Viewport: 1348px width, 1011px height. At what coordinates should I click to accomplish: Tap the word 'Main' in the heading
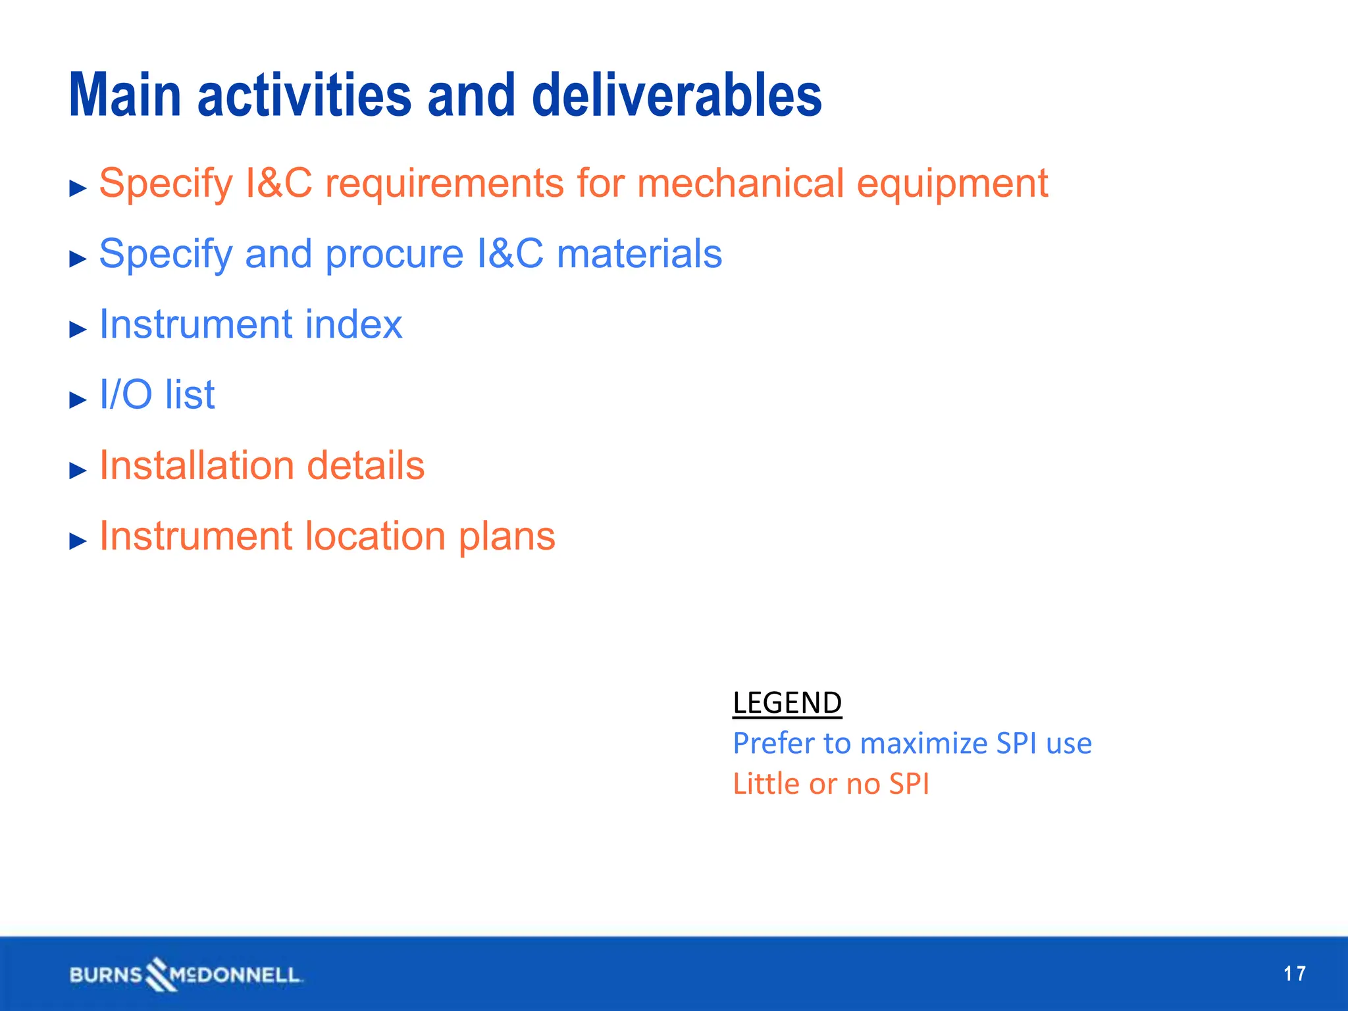[125, 95]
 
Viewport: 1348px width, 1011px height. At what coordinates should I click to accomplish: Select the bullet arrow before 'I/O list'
[78, 400]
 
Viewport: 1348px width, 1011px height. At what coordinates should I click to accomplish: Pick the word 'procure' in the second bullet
[394, 255]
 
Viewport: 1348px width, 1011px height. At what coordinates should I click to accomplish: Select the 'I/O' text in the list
[125, 395]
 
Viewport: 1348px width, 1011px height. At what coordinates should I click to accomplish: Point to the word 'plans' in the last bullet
[507, 537]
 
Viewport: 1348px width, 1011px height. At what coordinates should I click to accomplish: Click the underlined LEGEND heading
[787, 703]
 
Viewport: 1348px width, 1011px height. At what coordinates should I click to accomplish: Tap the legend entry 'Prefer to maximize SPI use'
[912, 744]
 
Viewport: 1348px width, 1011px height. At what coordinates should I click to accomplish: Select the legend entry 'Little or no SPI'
[831, 784]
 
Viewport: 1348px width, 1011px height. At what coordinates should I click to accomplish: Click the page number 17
[1294, 973]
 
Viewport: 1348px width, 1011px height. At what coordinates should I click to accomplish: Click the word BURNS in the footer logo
[106, 975]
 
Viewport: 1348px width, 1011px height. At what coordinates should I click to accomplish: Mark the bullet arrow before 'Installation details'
[78, 470]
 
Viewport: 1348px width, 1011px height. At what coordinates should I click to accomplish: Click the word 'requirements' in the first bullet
[444, 184]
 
